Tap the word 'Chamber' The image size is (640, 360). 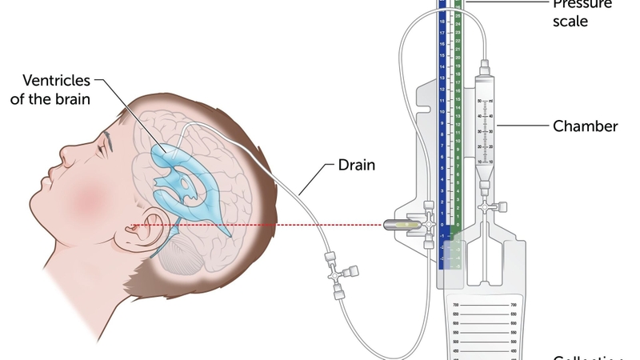[x=586, y=126]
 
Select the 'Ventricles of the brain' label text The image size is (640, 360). [x=57, y=90]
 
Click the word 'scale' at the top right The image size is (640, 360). [x=570, y=22]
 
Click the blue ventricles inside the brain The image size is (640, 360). [x=188, y=172]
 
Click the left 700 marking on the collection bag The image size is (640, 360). [x=456, y=306]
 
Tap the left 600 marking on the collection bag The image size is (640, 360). [x=456, y=323]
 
